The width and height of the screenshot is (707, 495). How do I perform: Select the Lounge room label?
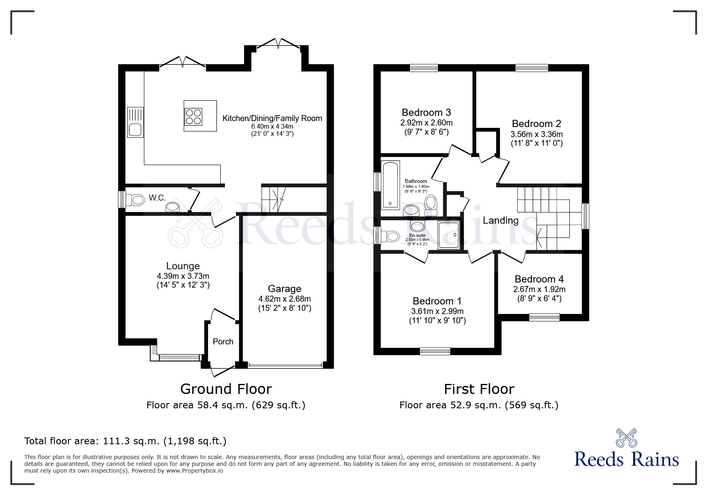(x=183, y=266)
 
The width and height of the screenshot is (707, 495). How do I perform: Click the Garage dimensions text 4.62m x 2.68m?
(x=285, y=299)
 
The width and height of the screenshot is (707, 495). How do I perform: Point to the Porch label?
(x=223, y=342)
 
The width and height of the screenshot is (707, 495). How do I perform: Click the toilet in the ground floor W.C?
(x=135, y=200)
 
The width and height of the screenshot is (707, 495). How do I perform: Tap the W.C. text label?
(x=157, y=198)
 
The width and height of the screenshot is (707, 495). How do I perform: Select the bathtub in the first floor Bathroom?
(x=390, y=185)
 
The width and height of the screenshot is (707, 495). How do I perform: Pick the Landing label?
(x=501, y=221)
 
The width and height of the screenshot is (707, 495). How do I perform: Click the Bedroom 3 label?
(x=426, y=113)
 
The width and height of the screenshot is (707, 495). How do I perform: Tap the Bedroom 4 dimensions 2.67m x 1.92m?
(x=539, y=289)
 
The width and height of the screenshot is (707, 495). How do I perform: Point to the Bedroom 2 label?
(x=537, y=124)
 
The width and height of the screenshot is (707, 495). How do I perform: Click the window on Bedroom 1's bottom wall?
(x=435, y=351)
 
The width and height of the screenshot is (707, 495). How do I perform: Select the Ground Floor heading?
(x=226, y=389)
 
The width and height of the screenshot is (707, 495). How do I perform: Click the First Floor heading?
(x=479, y=389)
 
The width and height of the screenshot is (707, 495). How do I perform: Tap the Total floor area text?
(x=125, y=441)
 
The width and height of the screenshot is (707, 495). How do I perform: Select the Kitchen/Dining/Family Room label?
(x=272, y=118)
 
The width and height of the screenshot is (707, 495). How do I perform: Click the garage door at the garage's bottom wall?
(x=285, y=365)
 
